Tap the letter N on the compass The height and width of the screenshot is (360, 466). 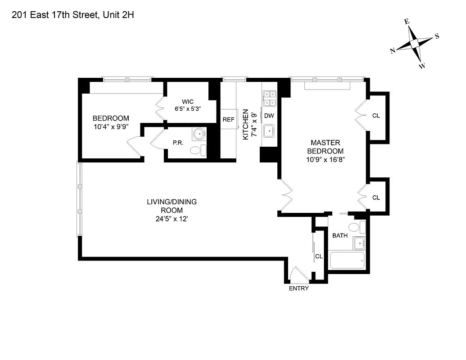pos(393,51)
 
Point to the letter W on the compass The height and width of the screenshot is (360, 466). pos(422,66)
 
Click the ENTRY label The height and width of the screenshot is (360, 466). pos(299,288)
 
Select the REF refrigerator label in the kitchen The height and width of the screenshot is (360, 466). pos(228,120)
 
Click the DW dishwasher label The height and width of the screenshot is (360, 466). pos(269,116)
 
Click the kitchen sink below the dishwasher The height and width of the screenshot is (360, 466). pos(269,131)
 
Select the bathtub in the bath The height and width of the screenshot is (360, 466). pos(347,261)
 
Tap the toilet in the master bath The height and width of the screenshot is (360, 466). pos(356,227)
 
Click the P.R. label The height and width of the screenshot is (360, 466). pos(177,143)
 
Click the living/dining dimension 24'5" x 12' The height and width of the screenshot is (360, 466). pos(172,220)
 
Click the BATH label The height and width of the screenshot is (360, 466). pos(339,235)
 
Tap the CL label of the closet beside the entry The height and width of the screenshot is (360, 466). pos(319,256)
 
